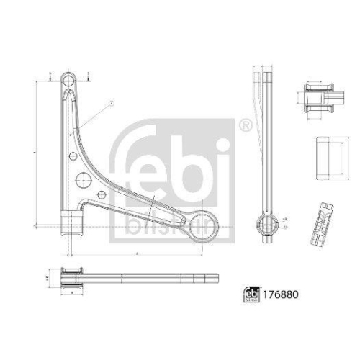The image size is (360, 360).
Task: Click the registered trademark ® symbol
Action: point(245,127)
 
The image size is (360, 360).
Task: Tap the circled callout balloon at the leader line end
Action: point(112,104)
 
